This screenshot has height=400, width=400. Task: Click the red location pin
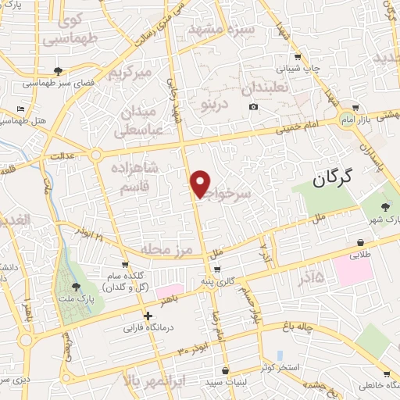201,183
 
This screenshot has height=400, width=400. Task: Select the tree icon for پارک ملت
75,287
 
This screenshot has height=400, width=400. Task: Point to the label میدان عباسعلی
141,123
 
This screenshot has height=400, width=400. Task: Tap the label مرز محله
166,249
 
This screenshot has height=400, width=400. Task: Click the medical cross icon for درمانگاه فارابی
148,315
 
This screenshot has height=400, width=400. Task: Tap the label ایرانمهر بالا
157,380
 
